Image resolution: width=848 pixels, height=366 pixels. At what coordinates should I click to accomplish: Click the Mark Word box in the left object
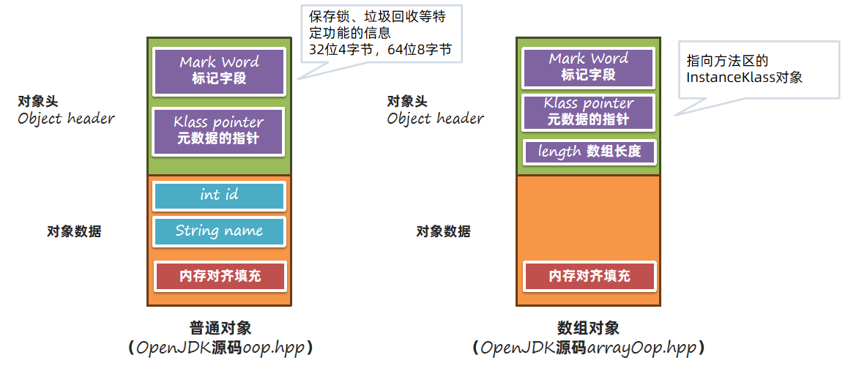point(219,70)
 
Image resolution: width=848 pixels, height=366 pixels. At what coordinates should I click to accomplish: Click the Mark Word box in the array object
point(589,67)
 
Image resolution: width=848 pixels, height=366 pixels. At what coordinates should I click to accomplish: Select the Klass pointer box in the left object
point(219,130)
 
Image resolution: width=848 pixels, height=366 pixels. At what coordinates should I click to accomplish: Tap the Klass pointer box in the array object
point(589,112)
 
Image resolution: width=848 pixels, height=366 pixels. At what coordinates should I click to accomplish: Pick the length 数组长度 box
point(589,152)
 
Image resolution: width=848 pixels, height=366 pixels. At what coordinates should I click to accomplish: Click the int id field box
point(219,195)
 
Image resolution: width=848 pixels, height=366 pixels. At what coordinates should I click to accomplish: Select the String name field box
point(219,231)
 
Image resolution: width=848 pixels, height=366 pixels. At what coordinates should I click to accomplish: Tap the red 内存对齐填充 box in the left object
point(220,276)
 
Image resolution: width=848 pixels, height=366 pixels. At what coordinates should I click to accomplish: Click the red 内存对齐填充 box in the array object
point(589,276)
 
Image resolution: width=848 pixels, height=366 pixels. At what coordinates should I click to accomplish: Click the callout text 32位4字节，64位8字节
point(380,50)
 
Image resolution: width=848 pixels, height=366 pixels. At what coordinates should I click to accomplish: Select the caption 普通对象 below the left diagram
point(220,328)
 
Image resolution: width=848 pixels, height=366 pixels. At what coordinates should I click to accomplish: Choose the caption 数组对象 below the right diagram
point(588,328)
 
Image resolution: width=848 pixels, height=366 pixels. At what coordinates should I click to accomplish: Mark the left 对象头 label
point(38,101)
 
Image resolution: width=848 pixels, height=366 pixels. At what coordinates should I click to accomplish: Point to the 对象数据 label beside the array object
point(443,232)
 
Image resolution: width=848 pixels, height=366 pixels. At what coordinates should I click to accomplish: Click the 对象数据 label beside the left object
point(74,232)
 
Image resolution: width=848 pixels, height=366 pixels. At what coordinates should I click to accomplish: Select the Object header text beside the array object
point(435,119)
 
